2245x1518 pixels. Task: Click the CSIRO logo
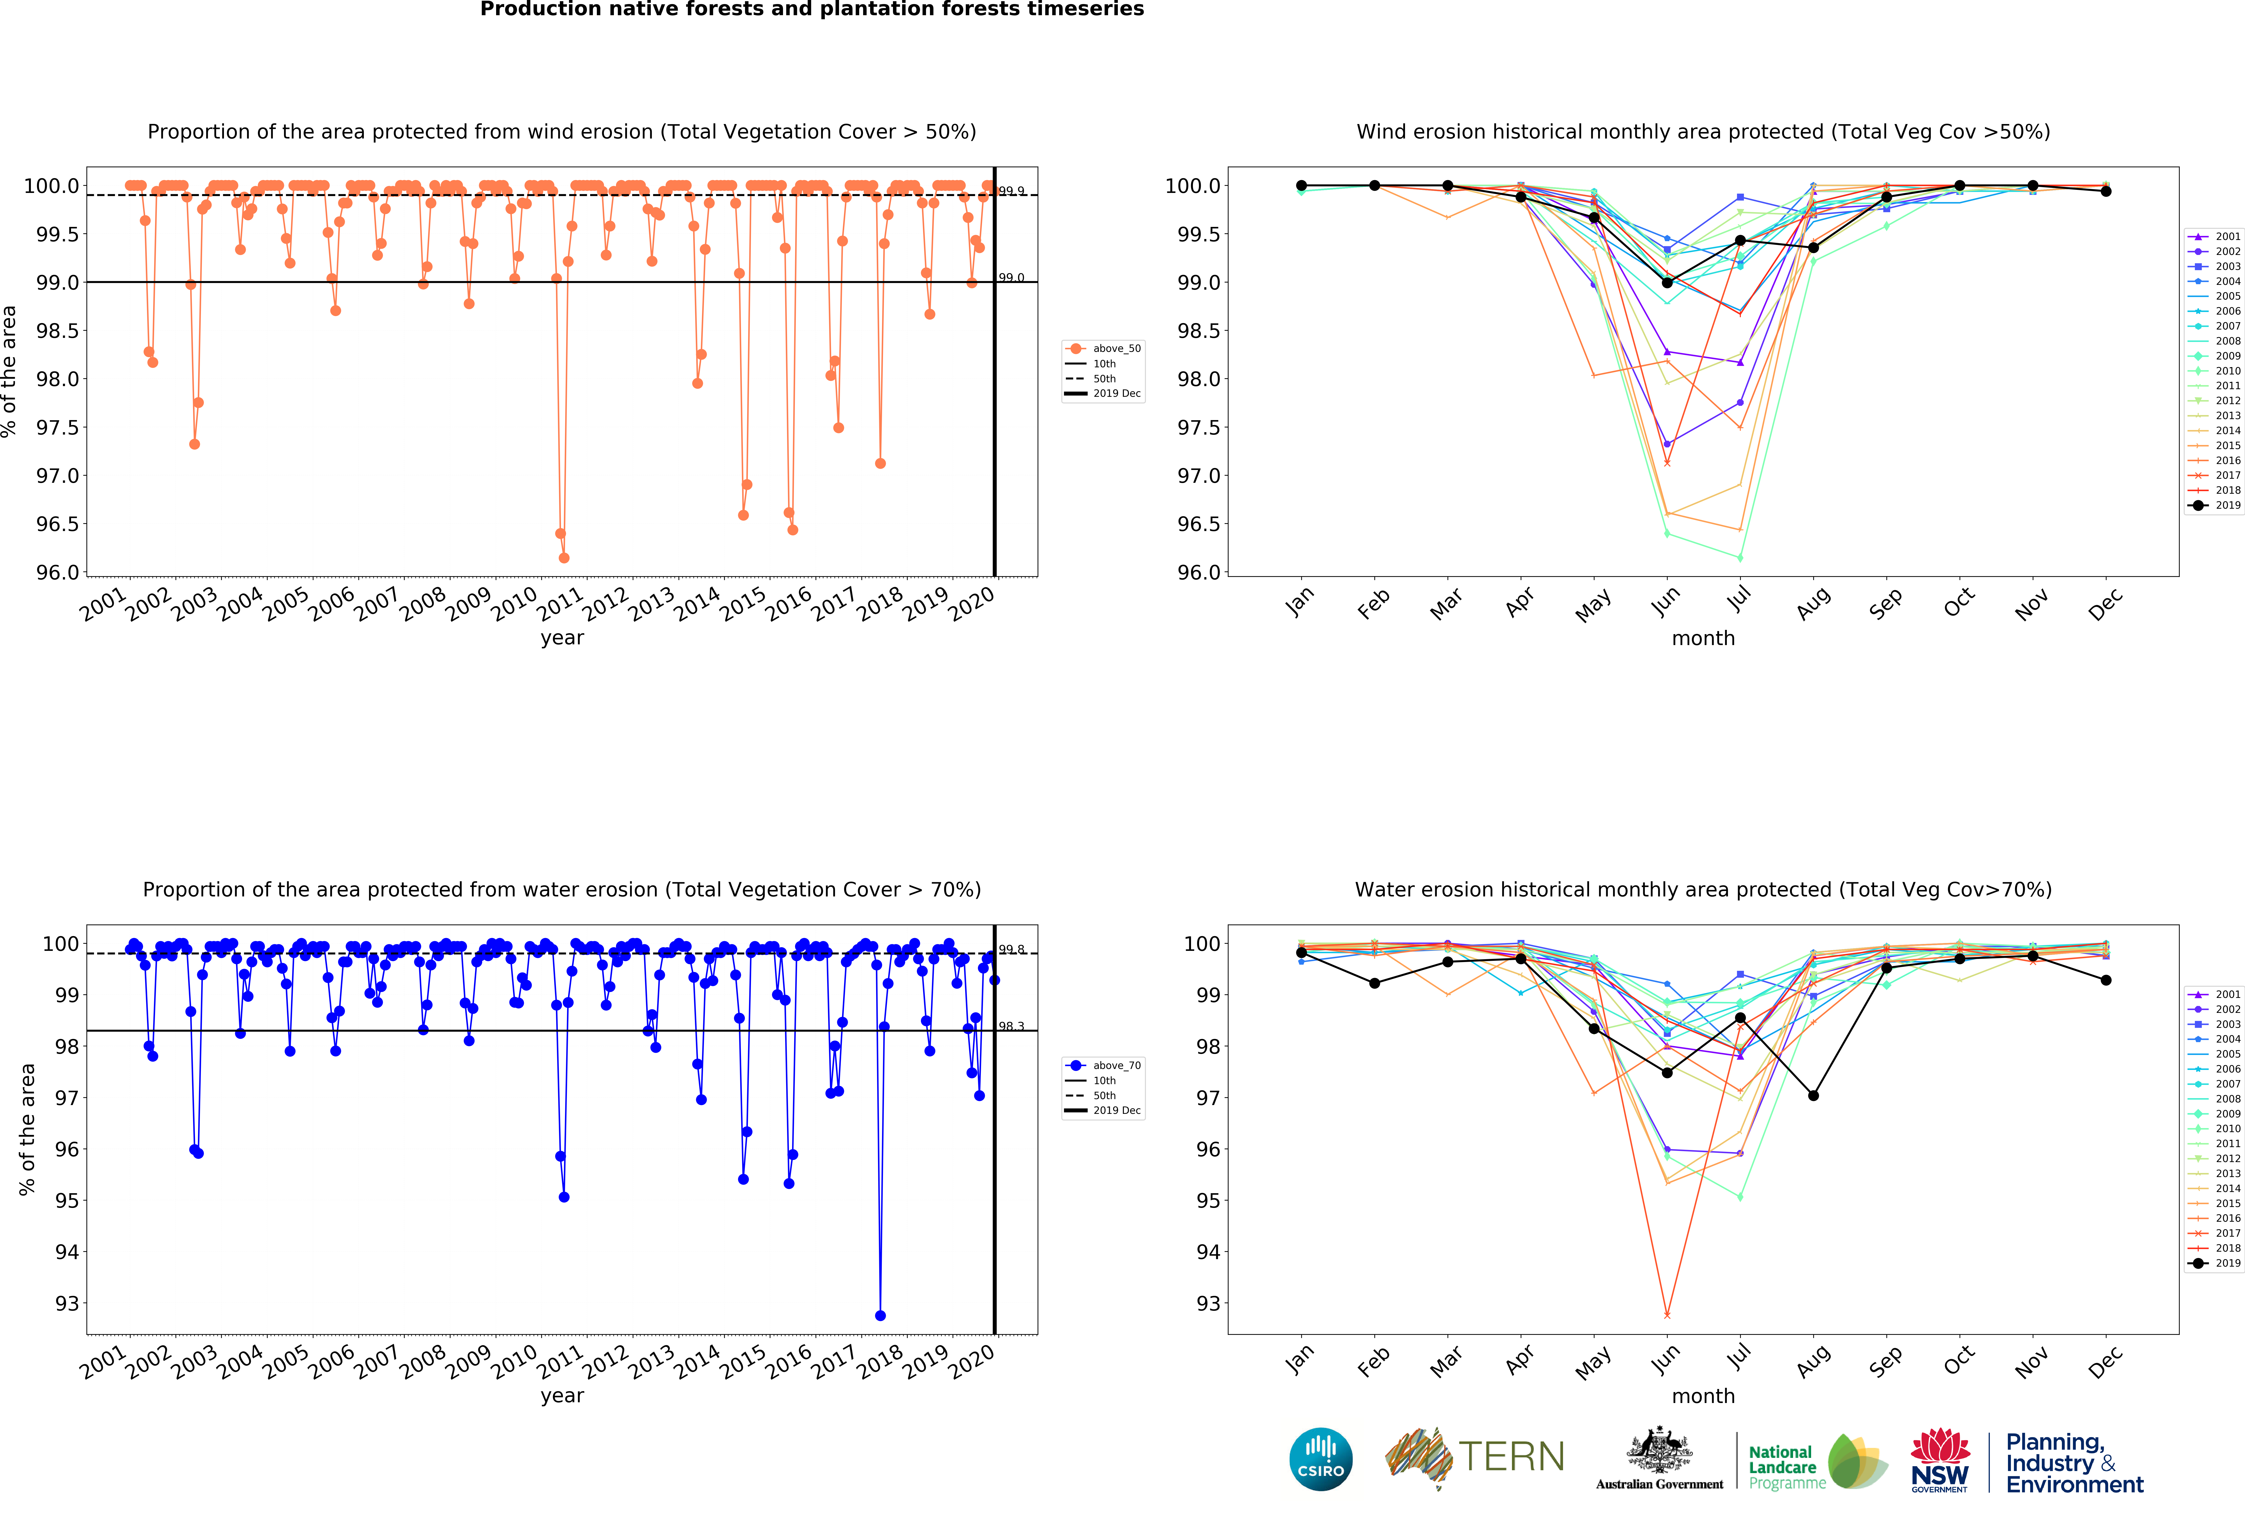1320,1459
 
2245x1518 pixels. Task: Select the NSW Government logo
1940,1461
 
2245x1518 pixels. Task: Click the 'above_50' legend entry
1116,349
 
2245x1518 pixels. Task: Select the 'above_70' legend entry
1116,1066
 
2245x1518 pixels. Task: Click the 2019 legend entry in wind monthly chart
2227,505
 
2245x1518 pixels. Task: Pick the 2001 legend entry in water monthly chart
2227,994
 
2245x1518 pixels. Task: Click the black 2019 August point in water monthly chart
1813,1096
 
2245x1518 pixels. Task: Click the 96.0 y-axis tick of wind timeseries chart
58,572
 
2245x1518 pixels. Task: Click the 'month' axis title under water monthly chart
1703,1396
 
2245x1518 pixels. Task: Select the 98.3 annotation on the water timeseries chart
1011,1026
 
